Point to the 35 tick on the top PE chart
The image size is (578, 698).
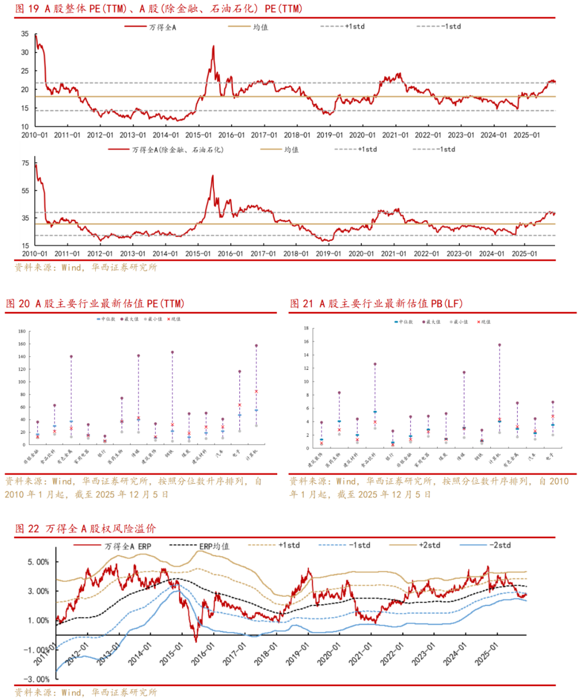[25, 34]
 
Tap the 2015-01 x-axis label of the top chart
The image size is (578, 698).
[199, 136]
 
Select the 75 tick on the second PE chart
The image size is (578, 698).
[25, 163]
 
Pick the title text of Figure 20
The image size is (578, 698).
[95, 304]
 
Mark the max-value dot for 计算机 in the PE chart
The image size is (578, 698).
[256, 346]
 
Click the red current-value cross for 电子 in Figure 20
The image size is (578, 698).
[240, 405]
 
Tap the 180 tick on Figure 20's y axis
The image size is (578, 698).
[21, 331]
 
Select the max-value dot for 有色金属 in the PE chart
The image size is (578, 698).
[71, 356]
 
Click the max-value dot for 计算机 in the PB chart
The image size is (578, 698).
[499, 345]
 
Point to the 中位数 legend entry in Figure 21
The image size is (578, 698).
[405, 322]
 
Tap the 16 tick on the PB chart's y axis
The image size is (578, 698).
[306, 341]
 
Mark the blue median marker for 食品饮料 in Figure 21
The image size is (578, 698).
[375, 412]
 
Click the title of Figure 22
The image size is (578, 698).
[86, 529]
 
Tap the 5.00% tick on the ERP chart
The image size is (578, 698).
[38, 562]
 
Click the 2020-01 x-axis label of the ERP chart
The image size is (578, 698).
[329, 655]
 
